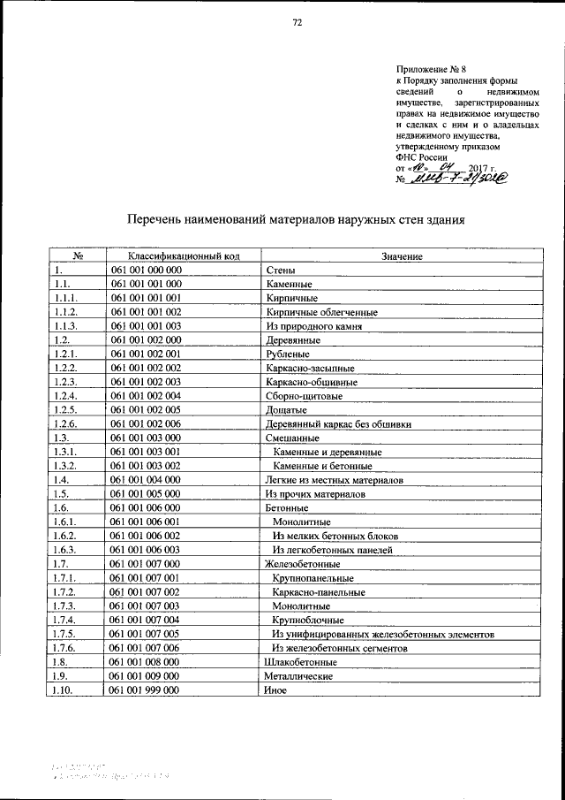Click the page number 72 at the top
click(x=298, y=24)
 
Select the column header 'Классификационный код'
click(x=183, y=256)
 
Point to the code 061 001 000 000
click(x=146, y=270)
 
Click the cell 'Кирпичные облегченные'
click(x=321, y=312)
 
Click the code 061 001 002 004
click(x=146, y=396)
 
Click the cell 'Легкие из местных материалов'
click(x=334, y=480)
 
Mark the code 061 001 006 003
click(x=146, y=550)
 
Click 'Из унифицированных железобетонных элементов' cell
click(x=382, y=634)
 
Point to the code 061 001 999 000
click(x=146, y=690)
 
